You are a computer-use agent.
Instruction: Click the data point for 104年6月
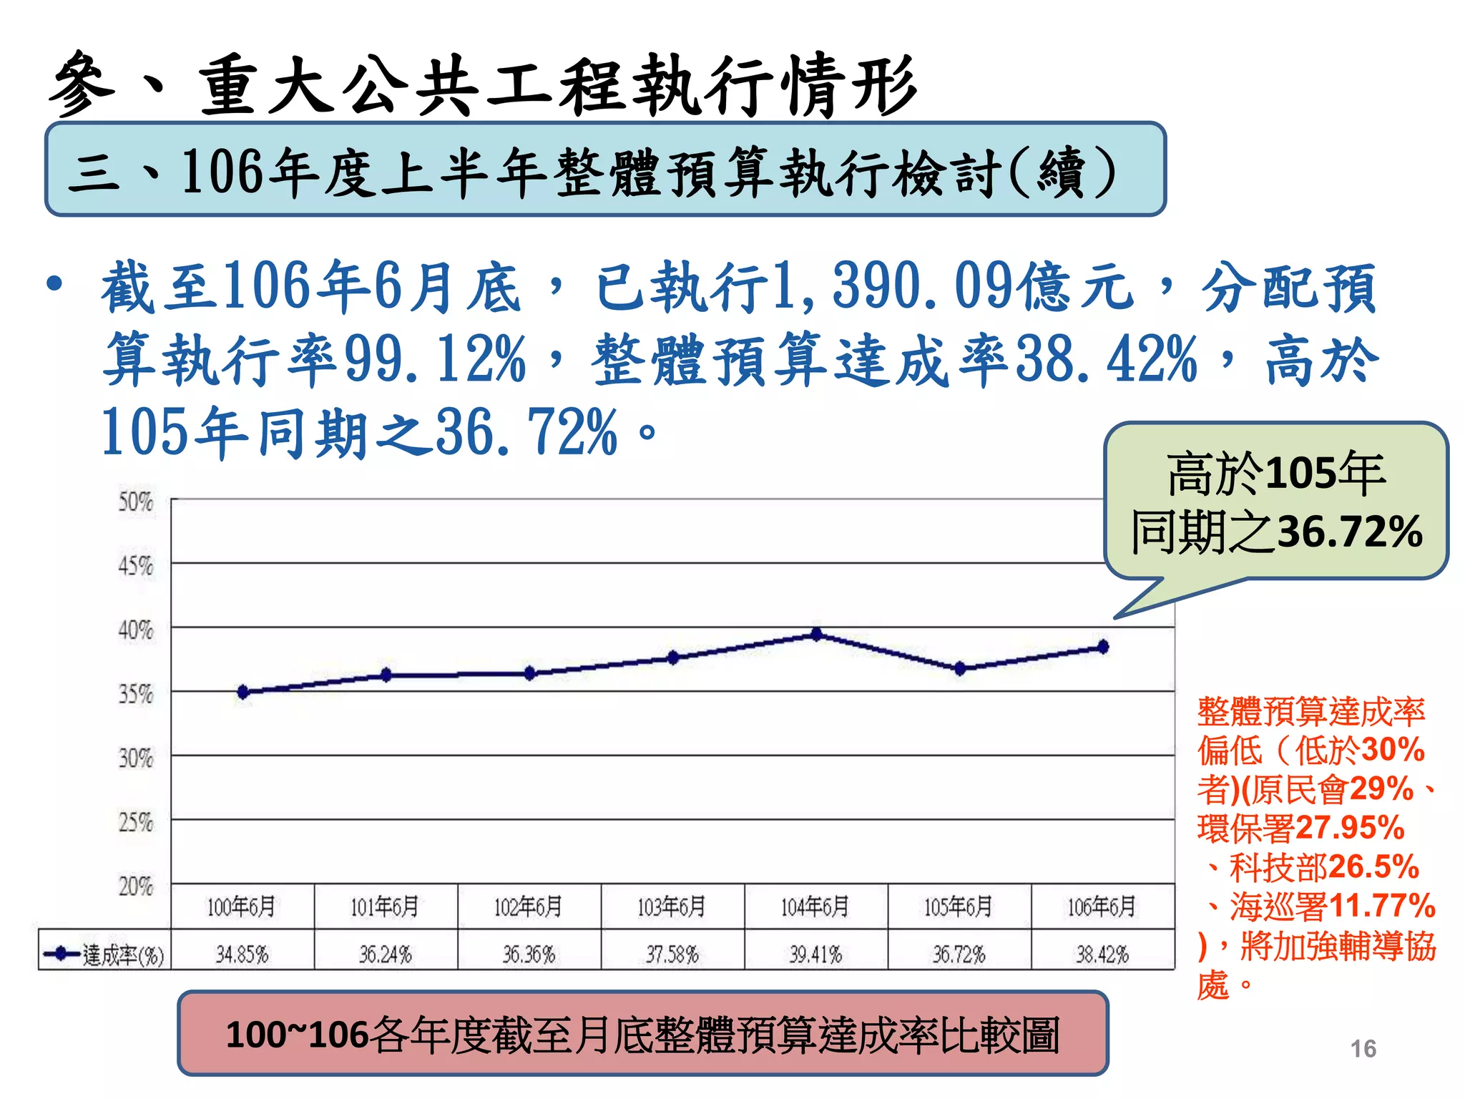[816, 635]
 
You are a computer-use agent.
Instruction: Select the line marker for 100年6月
[243, 692]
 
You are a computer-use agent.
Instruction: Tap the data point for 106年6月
[1103, 647]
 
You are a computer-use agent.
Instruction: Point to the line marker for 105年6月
[960, 669]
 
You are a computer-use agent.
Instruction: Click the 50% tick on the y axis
[136, 502]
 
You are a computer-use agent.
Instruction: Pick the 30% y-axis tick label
[136, 758]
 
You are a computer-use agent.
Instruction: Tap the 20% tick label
[136, 886]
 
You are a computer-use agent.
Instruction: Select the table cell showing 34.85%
[242, 954]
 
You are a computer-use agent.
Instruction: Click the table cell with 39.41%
[815, 954]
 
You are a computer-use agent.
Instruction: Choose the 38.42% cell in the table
[1102, 954]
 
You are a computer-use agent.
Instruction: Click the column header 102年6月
[529, 907]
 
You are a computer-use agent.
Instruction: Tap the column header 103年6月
[672, 907]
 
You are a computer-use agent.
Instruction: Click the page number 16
[1363, 1049]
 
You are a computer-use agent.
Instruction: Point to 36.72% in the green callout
[1349, 532]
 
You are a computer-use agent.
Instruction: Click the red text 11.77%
[1383, 906]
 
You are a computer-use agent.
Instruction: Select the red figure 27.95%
[1350, 828]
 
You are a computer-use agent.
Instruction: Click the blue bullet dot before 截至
[54, 284]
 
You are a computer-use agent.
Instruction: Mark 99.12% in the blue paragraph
[436, 360]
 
